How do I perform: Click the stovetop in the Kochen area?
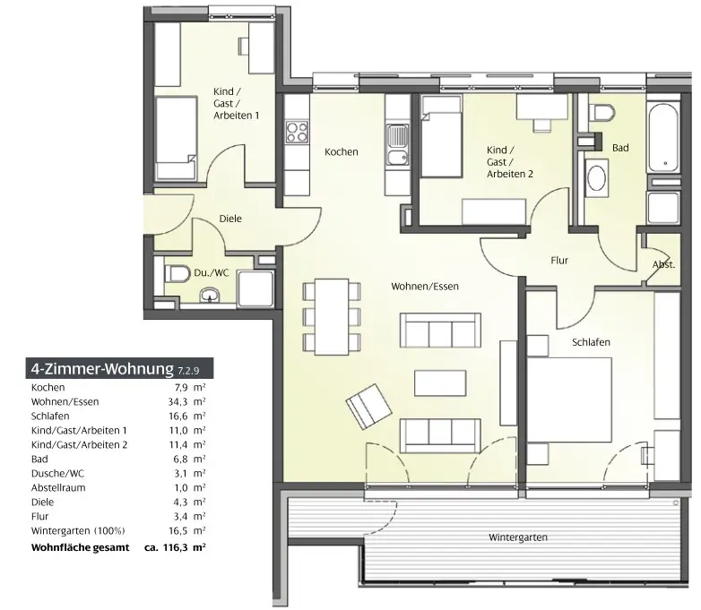(x=297, y=132)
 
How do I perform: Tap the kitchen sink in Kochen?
(x=397, y=144)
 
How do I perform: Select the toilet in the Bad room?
(x=601, y=112)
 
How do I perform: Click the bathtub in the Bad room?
(x=664, y=138)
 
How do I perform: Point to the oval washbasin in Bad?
(x=596, y=179)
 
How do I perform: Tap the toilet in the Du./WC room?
(x=177, y=273)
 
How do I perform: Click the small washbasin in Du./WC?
(x=210, y=295)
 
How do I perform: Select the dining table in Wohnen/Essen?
(x=332, y=317)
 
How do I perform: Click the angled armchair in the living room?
(x=368, y=407)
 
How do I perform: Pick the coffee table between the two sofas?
(x=440, y=383)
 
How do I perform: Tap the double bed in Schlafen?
(x=568, y=400)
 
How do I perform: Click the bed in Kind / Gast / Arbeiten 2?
(x=442, y=137)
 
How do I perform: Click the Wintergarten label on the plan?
(x=518, y=537)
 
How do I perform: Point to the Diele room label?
(x=230, y=219)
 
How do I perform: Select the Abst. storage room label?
(x=663, y=264)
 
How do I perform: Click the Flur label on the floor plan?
(x=559, y=260)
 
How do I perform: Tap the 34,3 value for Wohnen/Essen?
(x=177, y=402)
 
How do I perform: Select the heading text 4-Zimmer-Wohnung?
(x=102, y=369)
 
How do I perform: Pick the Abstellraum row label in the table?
(x=58, y=487)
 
